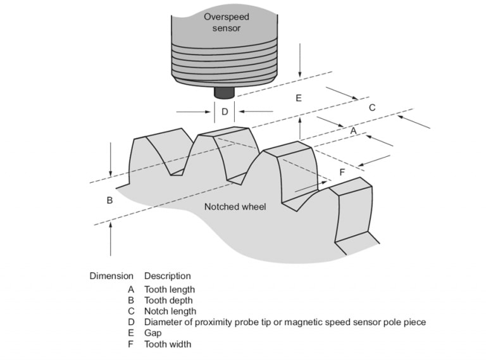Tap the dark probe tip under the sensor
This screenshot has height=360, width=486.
pos(223,92)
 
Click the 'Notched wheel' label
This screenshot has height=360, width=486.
pos(235,207)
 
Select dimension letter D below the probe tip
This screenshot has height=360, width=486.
pos(225,111)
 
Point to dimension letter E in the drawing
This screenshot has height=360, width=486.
pos(298,98)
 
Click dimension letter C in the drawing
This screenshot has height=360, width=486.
pos(372,108)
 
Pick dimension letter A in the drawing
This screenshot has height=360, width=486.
pos(354,130)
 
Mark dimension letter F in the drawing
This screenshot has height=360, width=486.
pos(342,172)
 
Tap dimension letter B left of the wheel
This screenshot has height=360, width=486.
pos(109,200)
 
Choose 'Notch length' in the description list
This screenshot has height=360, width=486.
pos(170,311)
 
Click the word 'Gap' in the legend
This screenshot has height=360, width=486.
pos(153,333)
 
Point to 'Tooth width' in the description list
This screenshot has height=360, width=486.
pos(168,344)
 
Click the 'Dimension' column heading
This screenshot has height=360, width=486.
pos(111,276)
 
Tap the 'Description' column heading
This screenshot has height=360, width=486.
pos(167,276)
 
